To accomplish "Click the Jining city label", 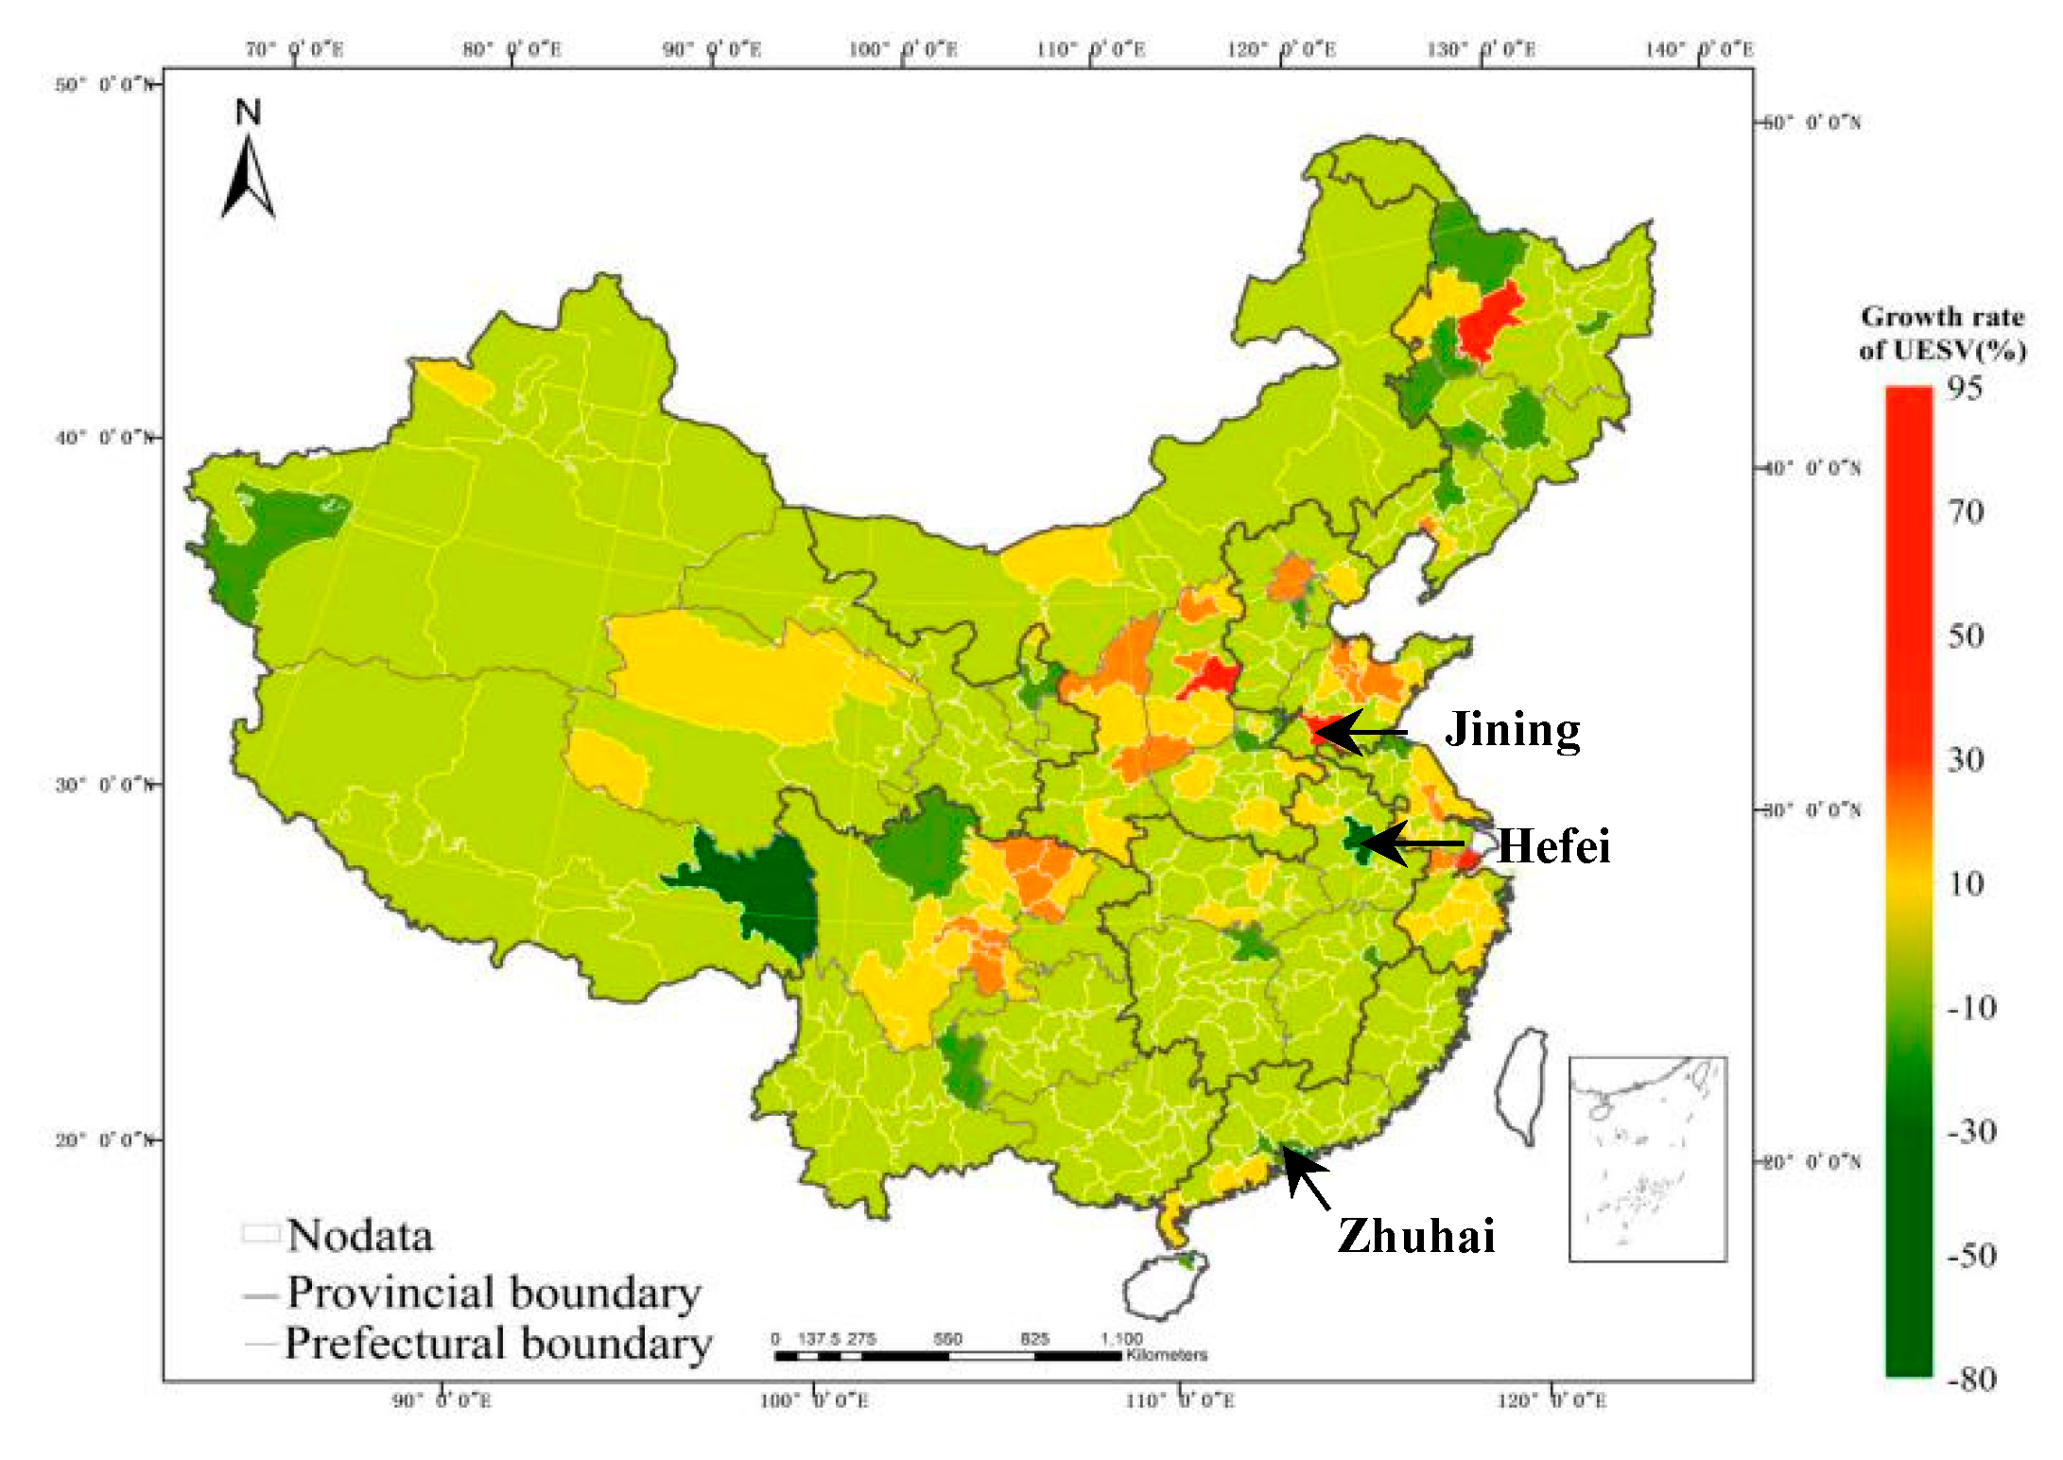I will pos(1512,730).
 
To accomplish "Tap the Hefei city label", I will pos(1553,845).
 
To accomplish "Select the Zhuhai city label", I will pos(1415,1235).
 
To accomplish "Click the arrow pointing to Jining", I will pos(1361,732).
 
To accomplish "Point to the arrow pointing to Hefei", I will pos(1413,843).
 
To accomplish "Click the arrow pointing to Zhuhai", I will pos(1306,1178).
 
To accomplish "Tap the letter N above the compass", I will pos(248,113).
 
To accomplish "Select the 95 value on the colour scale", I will pos(1965,388).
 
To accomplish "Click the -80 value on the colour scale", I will pos(1971,1379).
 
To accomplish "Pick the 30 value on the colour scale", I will pos(1965,759).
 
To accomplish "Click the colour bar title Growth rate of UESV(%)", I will pos(1942,333).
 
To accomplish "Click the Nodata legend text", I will pos(359,1236).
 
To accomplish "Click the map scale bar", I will pos(947,1355).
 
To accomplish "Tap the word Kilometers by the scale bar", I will pos(1166,1355).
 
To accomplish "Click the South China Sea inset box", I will pos(1647,1158).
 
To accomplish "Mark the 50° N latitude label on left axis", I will pos(102,85).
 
